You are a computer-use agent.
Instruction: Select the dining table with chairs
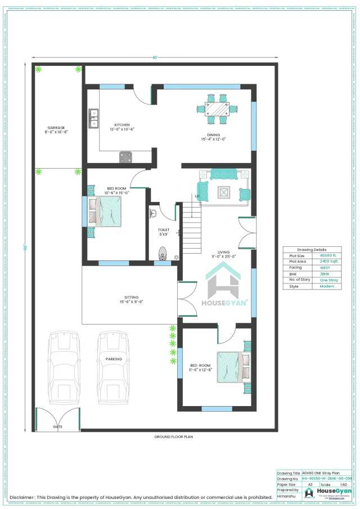click(217, 109)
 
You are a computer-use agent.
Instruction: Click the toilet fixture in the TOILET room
click(163, 254)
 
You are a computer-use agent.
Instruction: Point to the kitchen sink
click(93, 116)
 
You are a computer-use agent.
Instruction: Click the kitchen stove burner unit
click(126, 157)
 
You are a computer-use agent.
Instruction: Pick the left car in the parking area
click(65, 367)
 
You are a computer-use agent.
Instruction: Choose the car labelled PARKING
click(114, 367)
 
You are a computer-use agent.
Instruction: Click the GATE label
click(57, 427)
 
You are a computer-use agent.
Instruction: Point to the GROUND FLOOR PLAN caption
click(173, 436)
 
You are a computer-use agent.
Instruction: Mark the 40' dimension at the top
click(154, 57)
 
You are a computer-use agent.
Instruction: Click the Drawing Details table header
click(312, 249)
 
